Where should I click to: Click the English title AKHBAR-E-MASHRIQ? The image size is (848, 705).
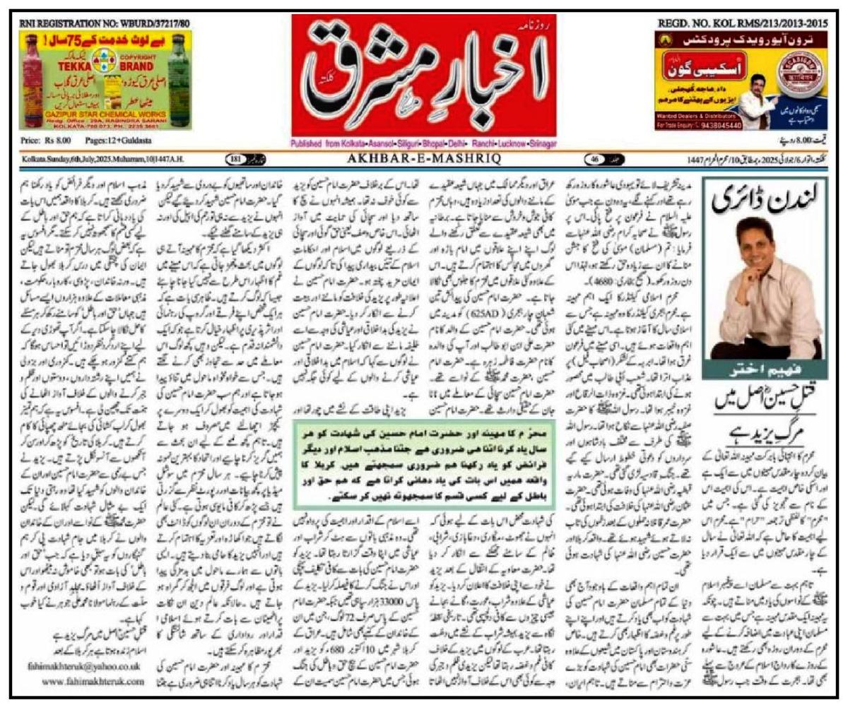pyautogui.click(x=423, y=159)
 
